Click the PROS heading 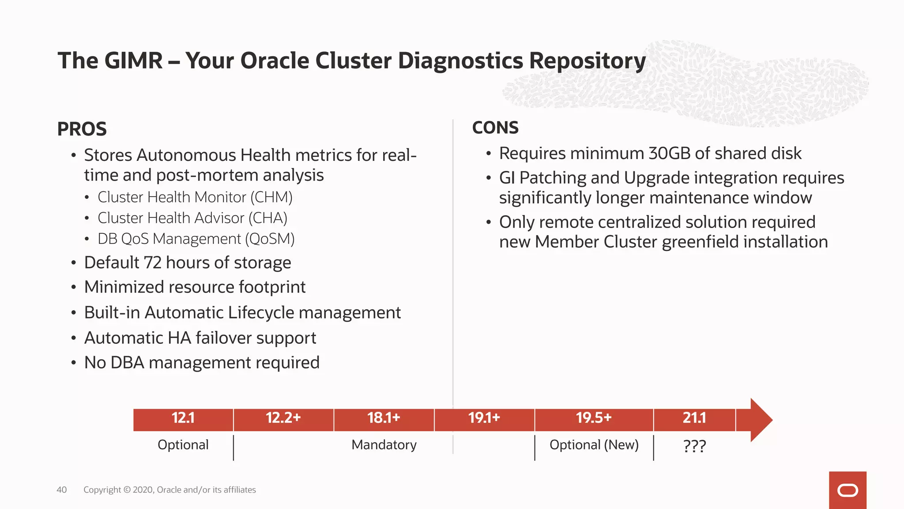point(82,129)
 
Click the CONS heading point(495,128)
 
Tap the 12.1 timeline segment point(183,418)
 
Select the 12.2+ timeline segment point(283,418)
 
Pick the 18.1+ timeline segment point(384,418)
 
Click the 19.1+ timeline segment point(484,418)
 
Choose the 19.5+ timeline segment point(594,418)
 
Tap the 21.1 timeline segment point(694,418)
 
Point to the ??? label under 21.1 point(694,446)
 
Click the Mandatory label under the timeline point(384,445)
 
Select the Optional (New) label point(594,445)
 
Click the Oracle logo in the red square point(847,490)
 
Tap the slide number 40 point(62,490)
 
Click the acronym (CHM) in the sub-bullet point(271,198)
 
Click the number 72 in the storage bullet point(153,263)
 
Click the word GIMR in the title point(134,61)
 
